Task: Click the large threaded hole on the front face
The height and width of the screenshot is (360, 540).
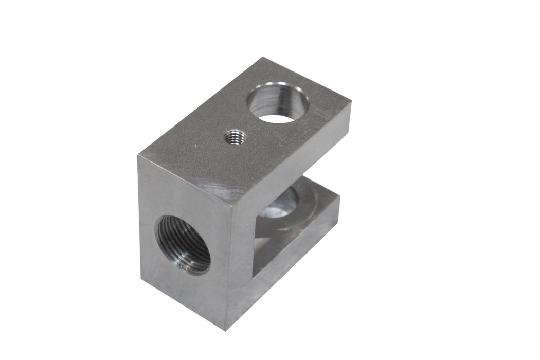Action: (183, 245)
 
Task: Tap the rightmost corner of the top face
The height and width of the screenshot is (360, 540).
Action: (352, 103)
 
